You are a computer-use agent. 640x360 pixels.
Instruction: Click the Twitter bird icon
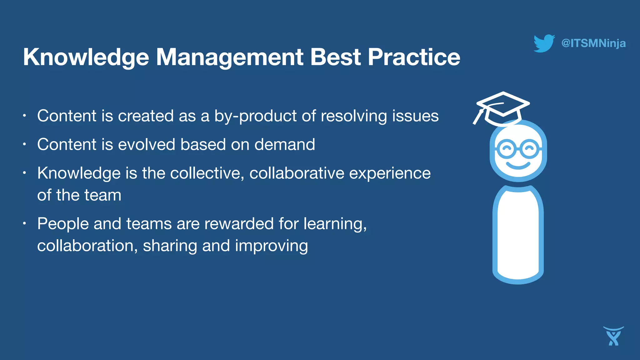[544, 43]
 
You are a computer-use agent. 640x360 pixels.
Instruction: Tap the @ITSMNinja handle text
[593, 43]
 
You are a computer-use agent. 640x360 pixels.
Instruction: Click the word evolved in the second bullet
[147, 144]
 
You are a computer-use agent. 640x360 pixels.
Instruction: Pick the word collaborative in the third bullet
[297, 173]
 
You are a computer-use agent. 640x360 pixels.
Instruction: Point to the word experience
[390, 174]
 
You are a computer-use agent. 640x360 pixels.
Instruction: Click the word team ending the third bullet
[102, 195]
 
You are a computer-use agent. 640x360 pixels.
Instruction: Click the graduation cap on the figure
[503, 106]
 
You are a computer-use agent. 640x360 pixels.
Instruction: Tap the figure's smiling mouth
[518, 165]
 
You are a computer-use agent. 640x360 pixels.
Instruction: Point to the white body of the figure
[518, 234]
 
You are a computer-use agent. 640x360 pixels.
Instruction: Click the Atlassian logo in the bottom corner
[613, 336]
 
